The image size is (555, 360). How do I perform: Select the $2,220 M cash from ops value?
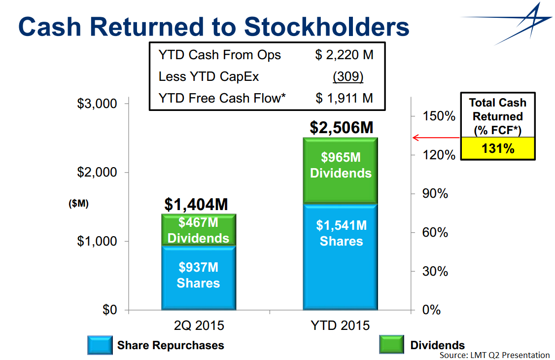(344, 55)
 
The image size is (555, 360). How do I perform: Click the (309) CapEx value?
(348, 77)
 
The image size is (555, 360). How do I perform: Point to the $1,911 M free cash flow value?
(344, 98)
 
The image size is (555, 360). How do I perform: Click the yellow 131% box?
(498, 148)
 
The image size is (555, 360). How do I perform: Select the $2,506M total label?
(341, 127)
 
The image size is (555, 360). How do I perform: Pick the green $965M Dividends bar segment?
(341, 170)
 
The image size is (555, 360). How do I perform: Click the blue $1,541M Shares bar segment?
(341, 256)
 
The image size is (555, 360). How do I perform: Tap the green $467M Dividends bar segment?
(199, 230)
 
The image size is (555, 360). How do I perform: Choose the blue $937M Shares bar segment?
(199, 278)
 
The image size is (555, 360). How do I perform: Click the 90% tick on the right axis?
(435, 194)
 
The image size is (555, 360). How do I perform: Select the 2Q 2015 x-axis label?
(199, 326)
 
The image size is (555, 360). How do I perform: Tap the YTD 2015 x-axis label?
(340, 326)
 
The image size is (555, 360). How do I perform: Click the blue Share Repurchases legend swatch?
(100, 345)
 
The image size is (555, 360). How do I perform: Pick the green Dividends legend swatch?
(391, 345)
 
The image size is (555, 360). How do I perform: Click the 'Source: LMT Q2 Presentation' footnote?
(494, 355)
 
